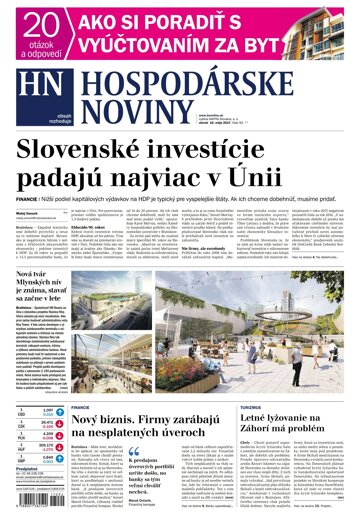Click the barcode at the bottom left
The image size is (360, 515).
[x=27, y=501]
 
